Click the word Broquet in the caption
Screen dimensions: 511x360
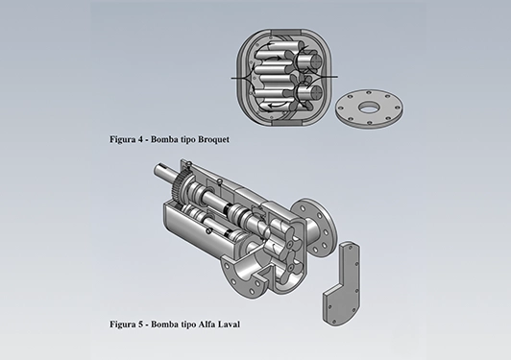pyautogui.click(x=213, y=139)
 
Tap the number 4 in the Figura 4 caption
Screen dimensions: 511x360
pyautogui.click(x=140, y=139)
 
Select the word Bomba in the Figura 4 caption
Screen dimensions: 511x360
pyautogui.click(x=162, y=139)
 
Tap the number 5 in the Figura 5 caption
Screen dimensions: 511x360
pyautogui.click(x=140, y=324)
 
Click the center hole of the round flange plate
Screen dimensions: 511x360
pyautogui.click(x=369, y=108)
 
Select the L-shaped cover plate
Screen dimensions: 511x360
pyautogui.click(x=342, y=283)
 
